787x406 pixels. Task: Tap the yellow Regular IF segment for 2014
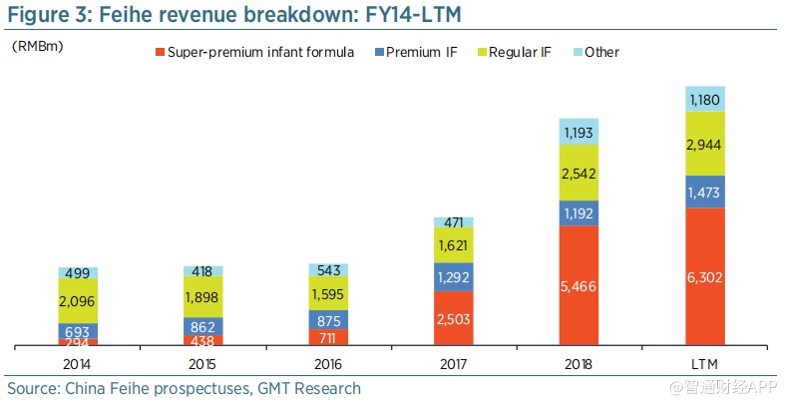pos(78,300)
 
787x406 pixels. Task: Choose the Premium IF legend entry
pos(420,52)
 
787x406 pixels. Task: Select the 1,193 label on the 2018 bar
pos(579,132)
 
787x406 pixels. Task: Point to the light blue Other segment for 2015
pos(202,271)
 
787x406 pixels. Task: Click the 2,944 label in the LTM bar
pos(705,146)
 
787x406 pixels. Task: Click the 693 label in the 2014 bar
pos(78,330)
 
